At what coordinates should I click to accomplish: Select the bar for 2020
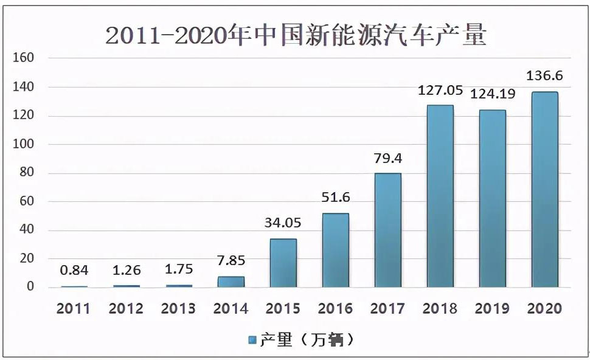point(544,189)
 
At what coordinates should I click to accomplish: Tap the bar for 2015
point(283,263)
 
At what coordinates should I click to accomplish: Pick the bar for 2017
point(388,230)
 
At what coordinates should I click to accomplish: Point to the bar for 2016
point(336,250)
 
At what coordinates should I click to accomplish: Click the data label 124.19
point(492,94)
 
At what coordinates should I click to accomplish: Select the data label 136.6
point(544,76)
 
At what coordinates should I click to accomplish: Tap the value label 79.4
point(387,158)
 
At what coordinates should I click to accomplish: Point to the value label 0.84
point(74,270)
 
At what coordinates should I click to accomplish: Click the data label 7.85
point(231,261)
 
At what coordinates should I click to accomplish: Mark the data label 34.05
point(283,223)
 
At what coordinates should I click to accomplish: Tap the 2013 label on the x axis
point(178,308)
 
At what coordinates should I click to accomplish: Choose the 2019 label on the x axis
point(492,308)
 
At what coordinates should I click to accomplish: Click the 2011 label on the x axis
point(74,308)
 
